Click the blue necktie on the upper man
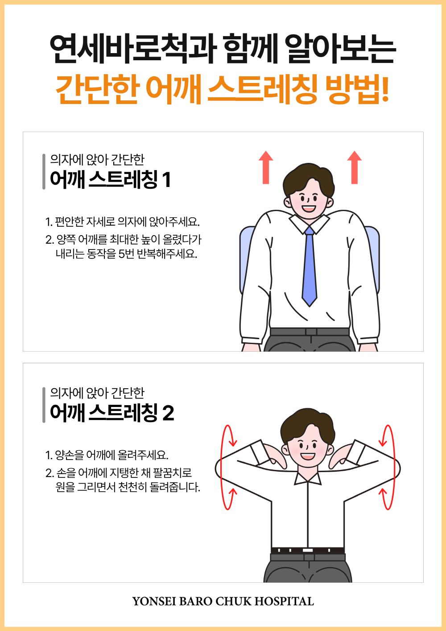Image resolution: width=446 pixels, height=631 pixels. (309, 266)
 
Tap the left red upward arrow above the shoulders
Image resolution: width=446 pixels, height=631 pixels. (266, 167)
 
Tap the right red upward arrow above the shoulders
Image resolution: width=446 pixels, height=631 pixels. (354, 167)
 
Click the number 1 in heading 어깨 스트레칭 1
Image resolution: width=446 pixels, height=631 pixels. (167, 180)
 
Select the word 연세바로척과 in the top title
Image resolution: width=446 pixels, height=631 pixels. (133, 49)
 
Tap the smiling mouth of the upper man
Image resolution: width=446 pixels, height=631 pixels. (309, 209)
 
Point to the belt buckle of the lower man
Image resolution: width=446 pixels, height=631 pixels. (307, 550)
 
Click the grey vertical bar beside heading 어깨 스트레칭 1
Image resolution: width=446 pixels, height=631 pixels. (44, 171)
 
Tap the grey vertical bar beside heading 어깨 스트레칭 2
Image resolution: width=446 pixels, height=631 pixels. (44, 405)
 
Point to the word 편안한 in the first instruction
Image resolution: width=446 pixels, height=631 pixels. (70, 222)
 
